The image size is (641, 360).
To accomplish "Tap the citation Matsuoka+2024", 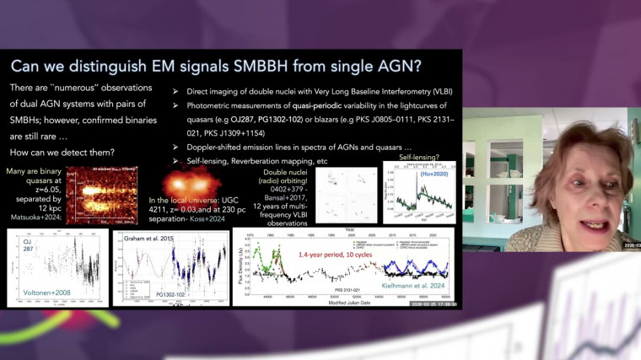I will [31, 215].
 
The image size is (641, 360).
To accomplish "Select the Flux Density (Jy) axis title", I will [238, 265].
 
